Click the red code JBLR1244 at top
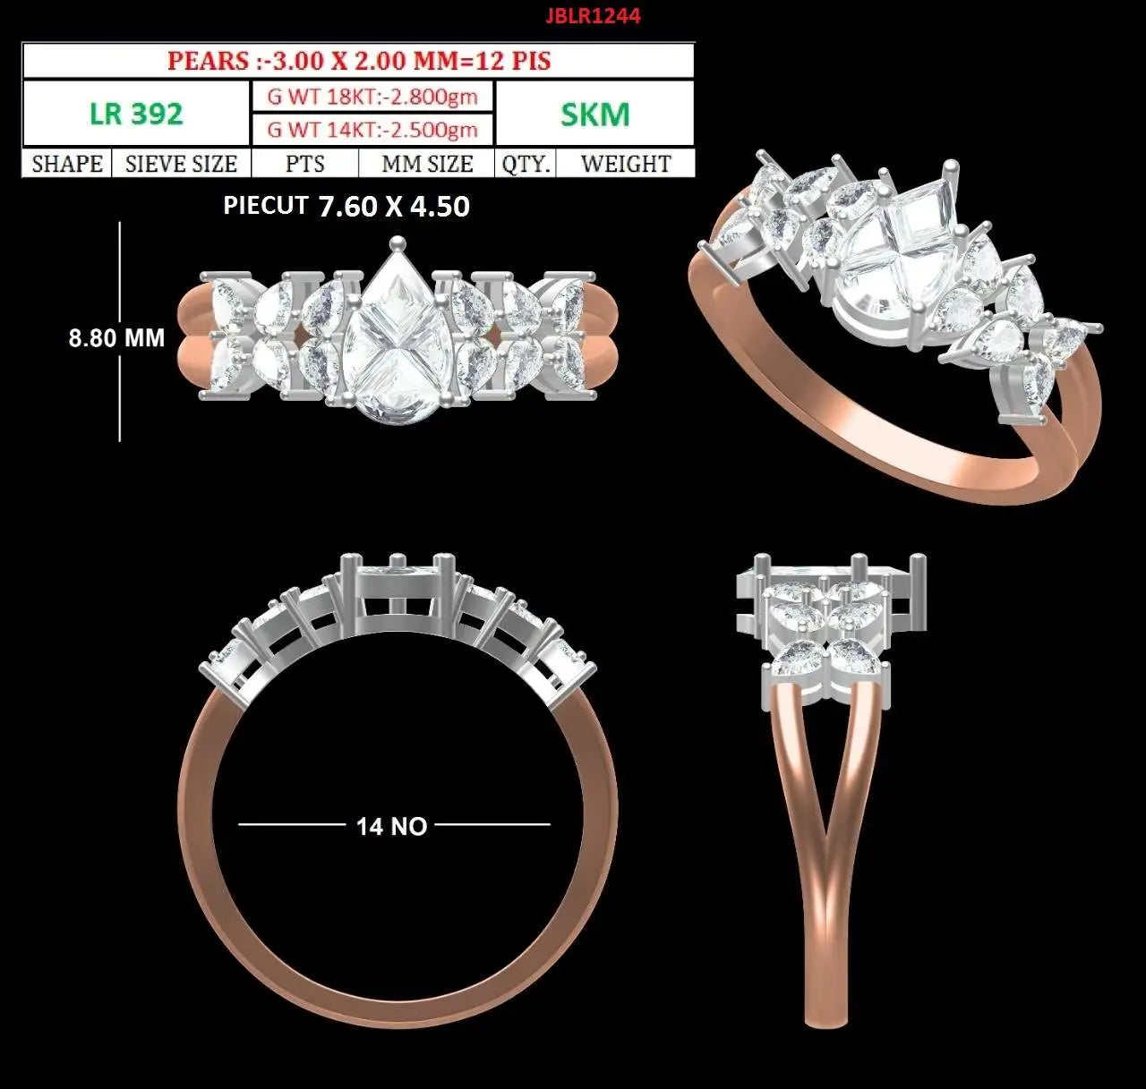pyautogui.click(x=593, y=16)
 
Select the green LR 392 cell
pyautogui.click(x=136, y=114)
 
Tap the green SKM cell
pyautogui.click(x=595, y=114)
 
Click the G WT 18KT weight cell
pyautogui.click(x=372, y=96)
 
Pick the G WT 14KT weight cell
pyautogui.click(x=372, y=130)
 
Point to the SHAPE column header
pyautogui.click(x=67, y=164)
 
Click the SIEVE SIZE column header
pyautogui.click(x=181, y=164)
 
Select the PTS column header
pyautogui.click(x=305, y=164)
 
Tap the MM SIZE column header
pyautogui.click(x=427, y=164)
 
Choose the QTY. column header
pyautogui.click(x=526, y=164)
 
